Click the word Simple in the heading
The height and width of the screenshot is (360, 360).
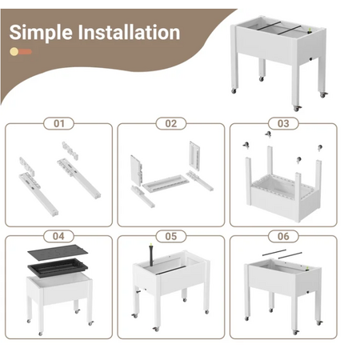(41, 33)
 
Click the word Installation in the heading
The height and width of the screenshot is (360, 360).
(129, 32)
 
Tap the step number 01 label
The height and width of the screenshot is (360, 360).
(58, 123)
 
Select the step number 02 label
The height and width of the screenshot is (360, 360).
(171, 123)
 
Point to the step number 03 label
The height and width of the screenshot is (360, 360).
(283, 123)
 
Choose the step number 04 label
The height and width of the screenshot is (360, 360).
(58, 236)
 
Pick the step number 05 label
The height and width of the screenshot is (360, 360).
(171, 236)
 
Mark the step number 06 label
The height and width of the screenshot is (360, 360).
(283, 236)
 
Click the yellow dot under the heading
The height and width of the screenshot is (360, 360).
(14, 51)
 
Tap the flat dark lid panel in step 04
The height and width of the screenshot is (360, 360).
(58, 252)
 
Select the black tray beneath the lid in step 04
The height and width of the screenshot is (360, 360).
(58, 267)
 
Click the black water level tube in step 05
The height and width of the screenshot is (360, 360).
(151, 254)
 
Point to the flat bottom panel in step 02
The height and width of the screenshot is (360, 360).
(166, 182)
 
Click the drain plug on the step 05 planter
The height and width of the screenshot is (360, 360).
(139, 292)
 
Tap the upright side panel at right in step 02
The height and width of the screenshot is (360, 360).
(194, 155)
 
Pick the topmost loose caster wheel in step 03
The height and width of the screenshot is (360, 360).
(268, 134)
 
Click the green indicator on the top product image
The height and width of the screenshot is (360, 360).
(310, 30)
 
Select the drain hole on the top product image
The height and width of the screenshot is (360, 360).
(311, 59)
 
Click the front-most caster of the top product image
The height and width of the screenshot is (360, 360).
(297, 108)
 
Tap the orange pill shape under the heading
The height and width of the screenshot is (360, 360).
(25, 51)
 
